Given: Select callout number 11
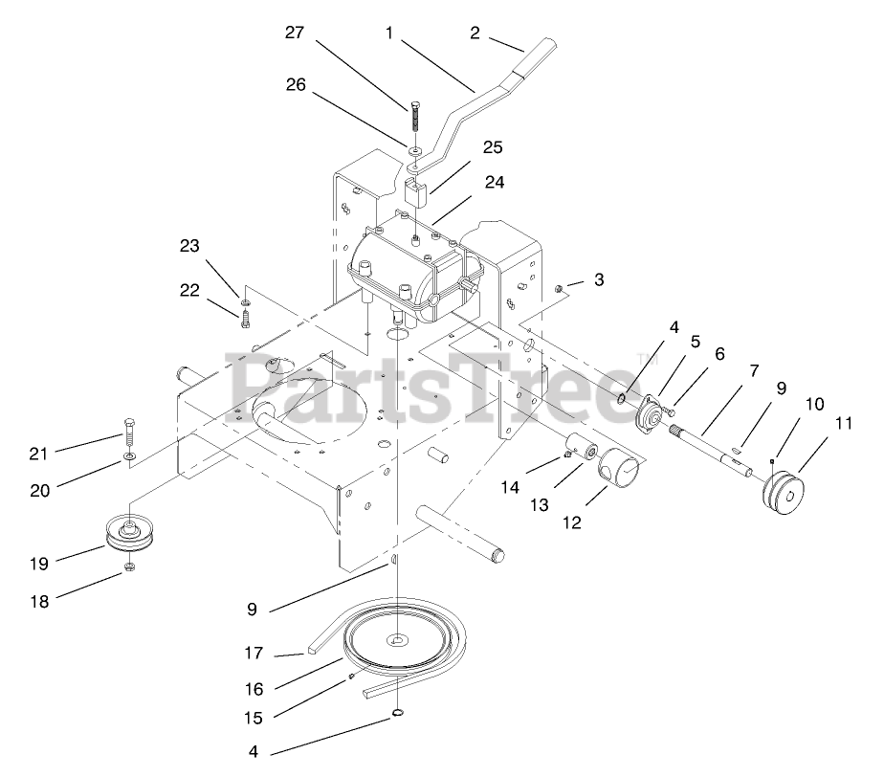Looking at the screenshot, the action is (x=816, y=421).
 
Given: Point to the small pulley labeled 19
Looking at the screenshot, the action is (x=130, y=534).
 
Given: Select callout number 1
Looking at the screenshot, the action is (x=389, y=33).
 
